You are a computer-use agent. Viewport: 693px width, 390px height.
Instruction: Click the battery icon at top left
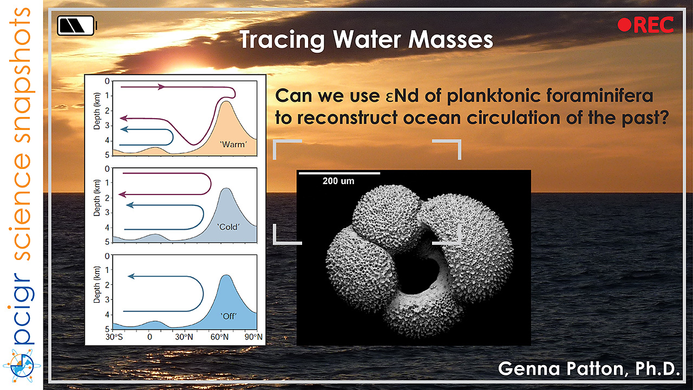click(77, 25)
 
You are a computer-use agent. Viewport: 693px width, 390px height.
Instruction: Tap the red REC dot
click(624, 25)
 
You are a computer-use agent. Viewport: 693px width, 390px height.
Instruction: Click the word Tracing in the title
click(282, 40)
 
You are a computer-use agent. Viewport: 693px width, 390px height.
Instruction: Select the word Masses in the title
click(451, 40)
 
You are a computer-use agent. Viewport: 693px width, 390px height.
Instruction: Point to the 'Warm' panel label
click(233, 145)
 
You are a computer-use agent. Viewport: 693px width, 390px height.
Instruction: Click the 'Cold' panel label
click(228, 227)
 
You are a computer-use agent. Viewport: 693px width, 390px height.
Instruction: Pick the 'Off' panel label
click(228, 316)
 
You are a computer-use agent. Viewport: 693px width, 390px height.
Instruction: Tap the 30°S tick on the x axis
click(114, 337)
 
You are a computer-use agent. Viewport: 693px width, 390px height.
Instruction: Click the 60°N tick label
click(219, 337)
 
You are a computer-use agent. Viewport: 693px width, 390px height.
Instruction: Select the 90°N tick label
click(253, 337)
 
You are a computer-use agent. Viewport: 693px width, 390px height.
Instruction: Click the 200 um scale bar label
click(338, 181)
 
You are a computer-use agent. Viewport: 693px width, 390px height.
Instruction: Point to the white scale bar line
click(339, 173)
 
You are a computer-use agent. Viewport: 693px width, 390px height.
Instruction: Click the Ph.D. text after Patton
click(657, 369)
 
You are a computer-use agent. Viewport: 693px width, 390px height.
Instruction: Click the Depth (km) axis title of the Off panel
click(97, 285)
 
